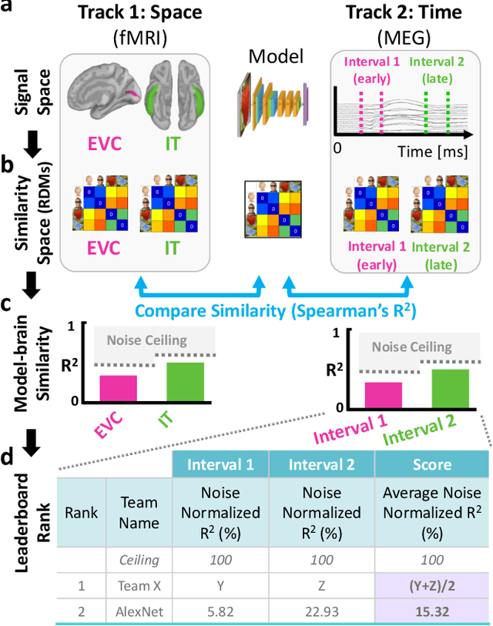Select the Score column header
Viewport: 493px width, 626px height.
click(x=431, y=465)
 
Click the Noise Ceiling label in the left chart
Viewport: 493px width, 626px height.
click(x=141, y=340)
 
